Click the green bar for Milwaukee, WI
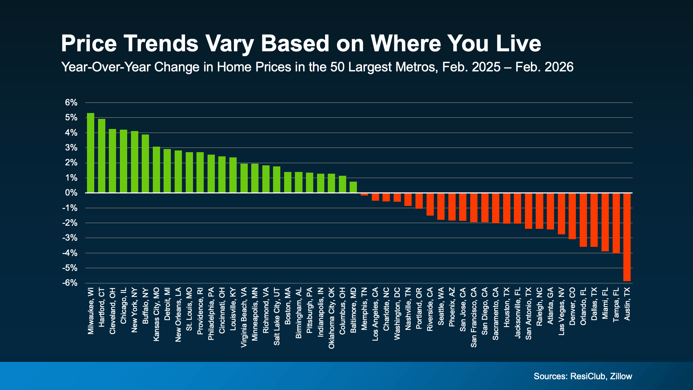(x=90, y=153)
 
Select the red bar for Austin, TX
(x=627, y=237)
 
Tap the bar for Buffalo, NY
(x=145, y=164)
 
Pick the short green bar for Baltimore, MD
(x=353, y=187)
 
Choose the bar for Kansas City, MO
(x=156, y=170)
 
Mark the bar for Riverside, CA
(x=430, y=204)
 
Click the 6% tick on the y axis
(x=71, y=103)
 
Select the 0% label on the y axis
(x=71, y=193)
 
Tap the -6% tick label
(x=70, y=283)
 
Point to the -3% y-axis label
(x=70, y=238)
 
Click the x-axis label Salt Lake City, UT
(x=277, y=316)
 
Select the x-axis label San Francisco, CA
(x=474, y=317)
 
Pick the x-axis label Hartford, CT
(x=102, y=307)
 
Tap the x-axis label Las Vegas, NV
(x=561, y=311)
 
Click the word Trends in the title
(x=161, y=44)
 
